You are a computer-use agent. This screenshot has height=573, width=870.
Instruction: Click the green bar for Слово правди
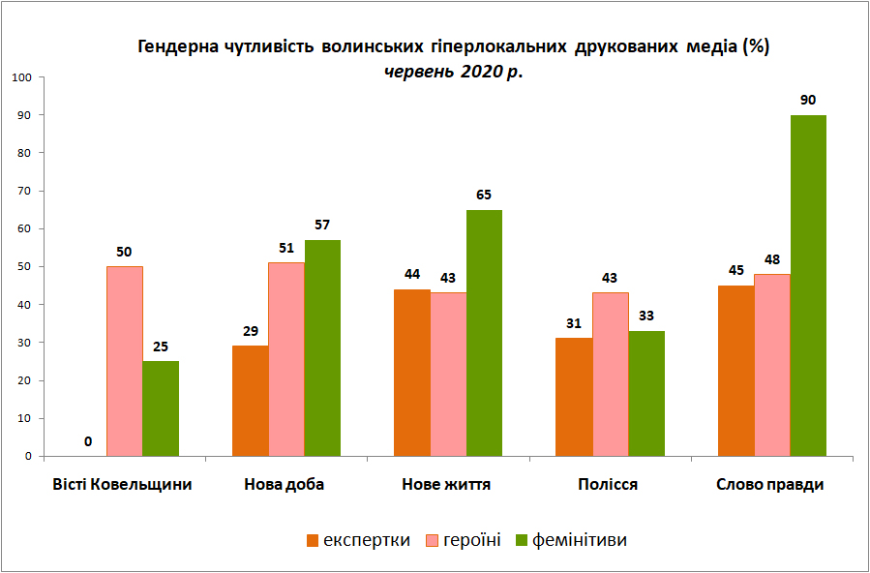click(x=808, y=286)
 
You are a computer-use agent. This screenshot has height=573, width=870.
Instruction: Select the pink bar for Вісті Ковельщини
click(x=124, y=362)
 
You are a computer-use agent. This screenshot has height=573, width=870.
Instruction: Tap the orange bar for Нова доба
click(x=251, y=401)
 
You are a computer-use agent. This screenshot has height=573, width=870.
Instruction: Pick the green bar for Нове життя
click(x=485, y=333)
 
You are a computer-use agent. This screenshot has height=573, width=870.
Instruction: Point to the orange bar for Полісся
click(x=574, y=397)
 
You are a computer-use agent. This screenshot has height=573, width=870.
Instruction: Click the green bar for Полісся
click(x=646, y=394)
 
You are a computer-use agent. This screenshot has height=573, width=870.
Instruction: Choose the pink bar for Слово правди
click(x=772, y=366)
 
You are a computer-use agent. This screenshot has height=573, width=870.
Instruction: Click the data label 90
click(x=808, y=101)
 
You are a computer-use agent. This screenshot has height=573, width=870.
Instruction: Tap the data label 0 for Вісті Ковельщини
click(x=88, y=442)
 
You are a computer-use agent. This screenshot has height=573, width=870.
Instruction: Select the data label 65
click(x=485, y=196)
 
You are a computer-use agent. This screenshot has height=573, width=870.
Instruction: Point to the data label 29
click(x=251, y=332)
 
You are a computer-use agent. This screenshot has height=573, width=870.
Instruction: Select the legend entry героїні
click(x=464, y=539)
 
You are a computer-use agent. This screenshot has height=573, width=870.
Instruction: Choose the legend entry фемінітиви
click(x=572, y=539)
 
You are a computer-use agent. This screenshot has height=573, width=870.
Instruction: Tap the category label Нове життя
click(x=446, y=485)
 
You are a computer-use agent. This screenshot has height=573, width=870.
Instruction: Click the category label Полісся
click(x=608, y=485)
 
